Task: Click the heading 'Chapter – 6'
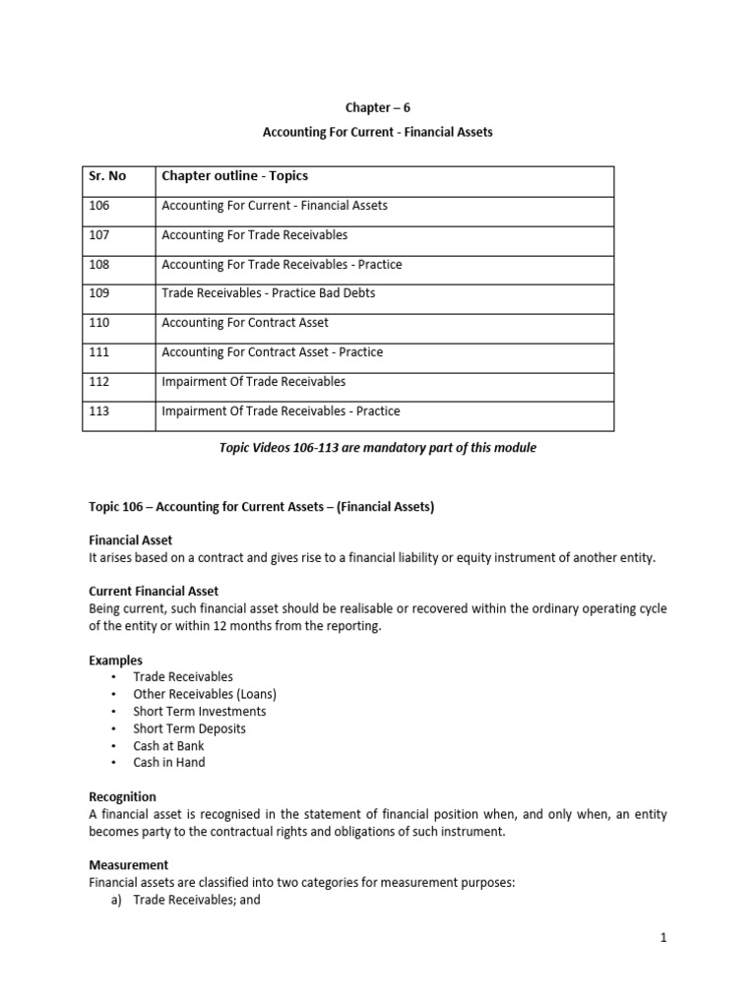pos(377,109)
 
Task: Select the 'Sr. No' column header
pos(108,176)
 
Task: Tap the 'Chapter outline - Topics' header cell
pos(234,176)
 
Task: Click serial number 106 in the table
pos(100,206)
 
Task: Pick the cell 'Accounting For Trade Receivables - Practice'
pos(282,265)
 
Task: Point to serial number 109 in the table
pos(100,293)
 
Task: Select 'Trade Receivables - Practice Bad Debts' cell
pos(268,293)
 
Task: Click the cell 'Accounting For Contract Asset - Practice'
pos(272,352)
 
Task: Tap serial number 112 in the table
pos(100,381)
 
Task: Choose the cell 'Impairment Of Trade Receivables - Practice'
pos(281,410)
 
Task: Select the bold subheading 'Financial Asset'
pos(131,540)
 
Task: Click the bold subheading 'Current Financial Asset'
pos(154,592)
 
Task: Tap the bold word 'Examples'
pos(115,661)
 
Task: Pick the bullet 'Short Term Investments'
pos(199,711)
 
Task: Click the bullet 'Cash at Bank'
pos(168,745)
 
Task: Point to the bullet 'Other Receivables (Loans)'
pos(205,694)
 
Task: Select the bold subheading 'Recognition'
pos(122,796)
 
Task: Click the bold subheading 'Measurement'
pos(128,865)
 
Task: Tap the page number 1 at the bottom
pos(663,938)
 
